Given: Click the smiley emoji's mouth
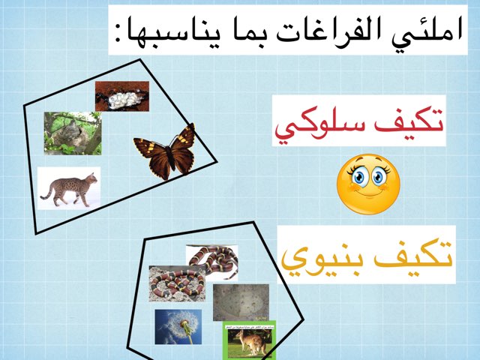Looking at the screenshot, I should (x=368, y=196).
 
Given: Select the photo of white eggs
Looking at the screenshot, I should (x=121, y=95).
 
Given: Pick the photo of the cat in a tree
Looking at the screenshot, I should (x=72, y=133).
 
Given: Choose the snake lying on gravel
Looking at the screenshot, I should (x=176, y=283).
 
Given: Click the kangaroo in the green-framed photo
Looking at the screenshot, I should (x=248, y=340).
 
